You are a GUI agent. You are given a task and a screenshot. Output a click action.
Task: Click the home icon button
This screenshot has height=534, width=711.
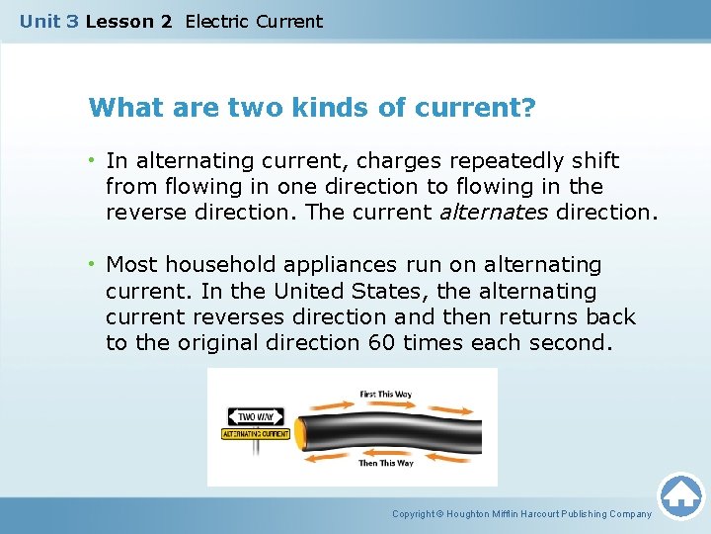(680, 494)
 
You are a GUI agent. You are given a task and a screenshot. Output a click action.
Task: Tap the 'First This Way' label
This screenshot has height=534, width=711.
(386, 395)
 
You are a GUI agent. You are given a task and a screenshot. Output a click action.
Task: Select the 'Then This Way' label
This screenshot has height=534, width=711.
(386, 463)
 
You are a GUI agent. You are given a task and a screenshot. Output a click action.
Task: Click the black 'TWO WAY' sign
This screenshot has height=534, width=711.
(255, 416)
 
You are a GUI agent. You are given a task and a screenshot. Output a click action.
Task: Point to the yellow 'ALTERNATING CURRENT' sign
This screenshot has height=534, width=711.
(256, 434)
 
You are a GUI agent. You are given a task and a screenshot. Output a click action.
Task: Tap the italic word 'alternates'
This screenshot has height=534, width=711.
(493, 212)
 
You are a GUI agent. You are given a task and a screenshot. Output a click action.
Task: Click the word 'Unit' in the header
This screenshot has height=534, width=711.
(40, 21)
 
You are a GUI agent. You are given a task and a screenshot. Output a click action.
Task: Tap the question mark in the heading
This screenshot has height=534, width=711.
(529, 107)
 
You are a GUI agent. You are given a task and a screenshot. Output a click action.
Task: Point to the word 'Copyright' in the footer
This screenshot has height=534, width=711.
(414, 514)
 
